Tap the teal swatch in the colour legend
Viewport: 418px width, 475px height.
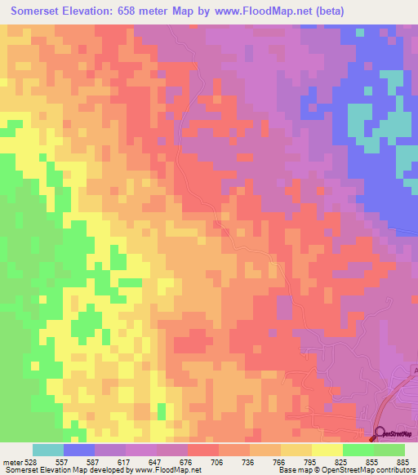click(x=48, y=450)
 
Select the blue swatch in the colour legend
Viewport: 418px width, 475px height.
click(x=79, y=450)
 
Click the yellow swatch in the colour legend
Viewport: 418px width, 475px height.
click(x=327, y=450)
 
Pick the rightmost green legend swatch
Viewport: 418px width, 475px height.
click(x=389, y=450)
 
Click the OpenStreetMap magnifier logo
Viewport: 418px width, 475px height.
click(x=380, y=435)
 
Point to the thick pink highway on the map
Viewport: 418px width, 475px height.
click(x=398, y=400)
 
